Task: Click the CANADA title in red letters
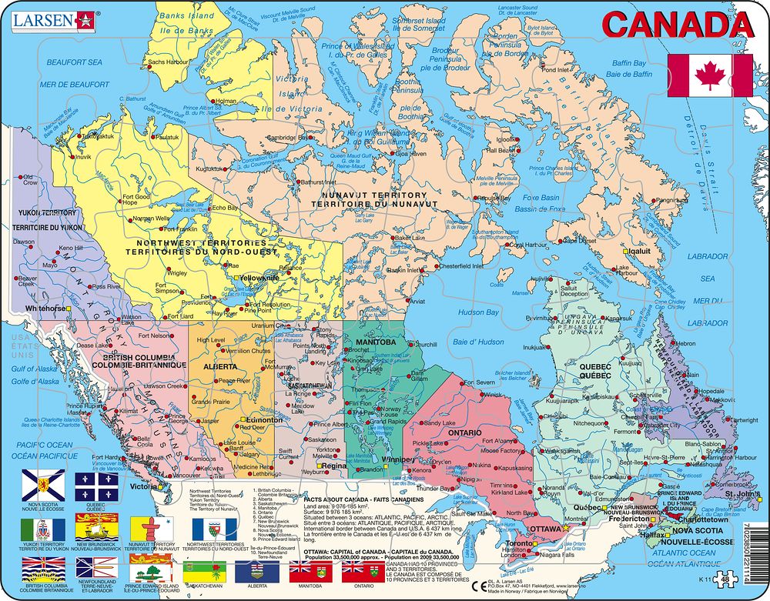(678, 25)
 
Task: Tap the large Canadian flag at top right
(710, 75)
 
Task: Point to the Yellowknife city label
(259, 278)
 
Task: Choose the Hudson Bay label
(478, 312)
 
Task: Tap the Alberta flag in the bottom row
(257, 572)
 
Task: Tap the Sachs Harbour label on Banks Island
(167, 62)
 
